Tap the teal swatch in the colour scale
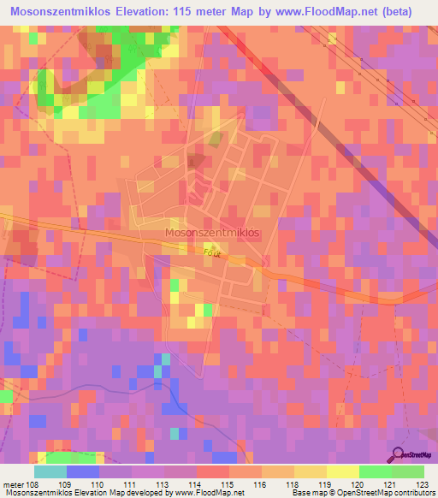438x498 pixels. point(50,472)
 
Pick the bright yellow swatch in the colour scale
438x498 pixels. point(342,472)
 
